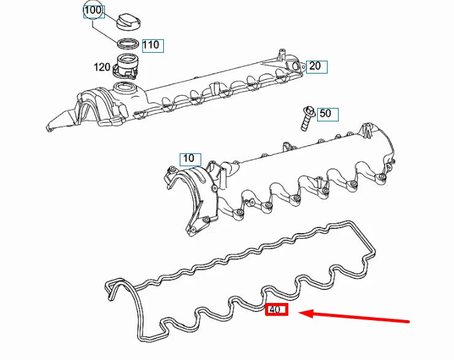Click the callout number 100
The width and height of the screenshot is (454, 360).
[x=93, y=10]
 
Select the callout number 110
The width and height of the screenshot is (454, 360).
[x=151, y=45]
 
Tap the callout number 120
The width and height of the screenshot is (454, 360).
[x=102, y=67]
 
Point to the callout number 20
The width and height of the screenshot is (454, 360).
[x=315, y=66]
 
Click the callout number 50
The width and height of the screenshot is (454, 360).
[x=325, y=113]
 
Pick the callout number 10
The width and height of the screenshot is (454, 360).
[x=189, y=158]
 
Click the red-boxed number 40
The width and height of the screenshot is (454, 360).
[x=275, y=310]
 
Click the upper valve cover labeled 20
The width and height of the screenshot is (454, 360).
[x=202, y=92]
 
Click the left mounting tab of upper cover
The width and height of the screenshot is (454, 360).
[x=55, y=123]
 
